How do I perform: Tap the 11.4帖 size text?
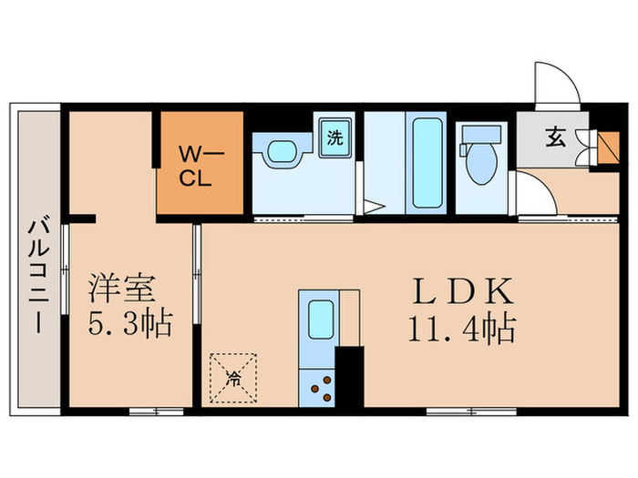[x=462, y=326]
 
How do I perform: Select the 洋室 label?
[x=124, y=289]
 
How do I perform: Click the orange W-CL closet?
[x=201, y=163]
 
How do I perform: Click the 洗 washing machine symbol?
[x=335, y=139]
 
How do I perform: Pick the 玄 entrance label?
[x=555, y=139]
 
